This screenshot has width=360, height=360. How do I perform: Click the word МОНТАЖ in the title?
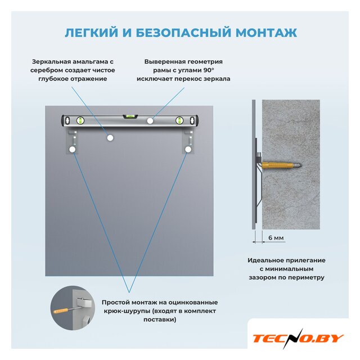[266, 33]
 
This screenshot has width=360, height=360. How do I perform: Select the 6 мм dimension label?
[276, 237]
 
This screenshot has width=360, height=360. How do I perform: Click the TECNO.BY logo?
[298, 339]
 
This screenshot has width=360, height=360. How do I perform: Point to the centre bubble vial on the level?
[130, 116]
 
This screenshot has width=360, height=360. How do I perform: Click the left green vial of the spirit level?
[80, 120]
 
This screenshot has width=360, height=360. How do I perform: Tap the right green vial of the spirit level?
[179, 120]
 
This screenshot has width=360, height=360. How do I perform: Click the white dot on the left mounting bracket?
[73, 150]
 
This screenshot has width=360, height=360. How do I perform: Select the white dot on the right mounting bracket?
[188, 150]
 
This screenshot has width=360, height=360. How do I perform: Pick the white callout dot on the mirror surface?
[110, 138]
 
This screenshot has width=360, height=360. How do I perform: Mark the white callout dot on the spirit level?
[150, 121]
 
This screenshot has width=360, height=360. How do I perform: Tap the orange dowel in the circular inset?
[61, 311]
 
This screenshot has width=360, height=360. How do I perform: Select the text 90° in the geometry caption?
[209, 70]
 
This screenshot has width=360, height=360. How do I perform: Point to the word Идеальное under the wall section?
[266, 260]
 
